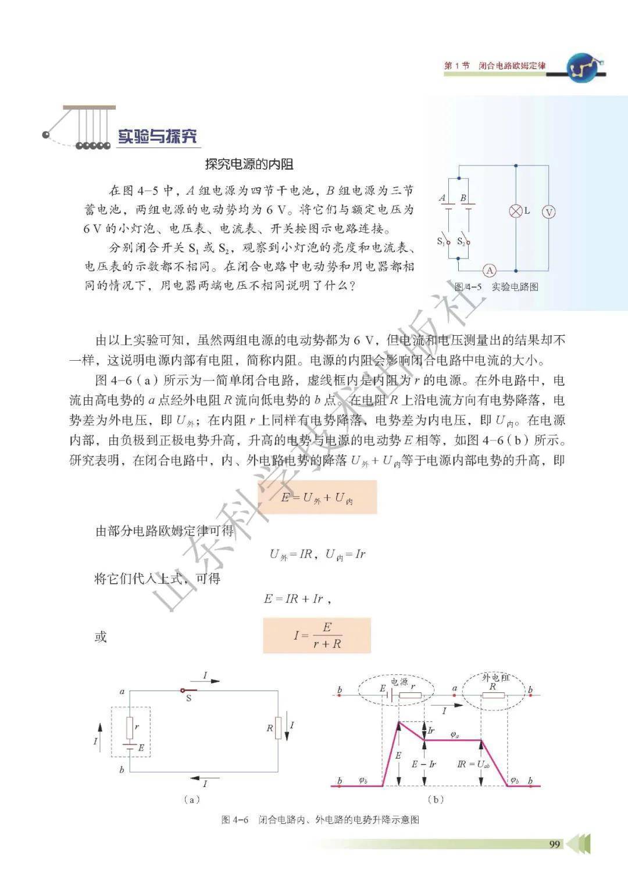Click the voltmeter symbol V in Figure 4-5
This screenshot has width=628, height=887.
(548, 212)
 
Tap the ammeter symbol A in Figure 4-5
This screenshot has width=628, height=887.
(490, 271)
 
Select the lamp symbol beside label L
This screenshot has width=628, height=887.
(515, 211)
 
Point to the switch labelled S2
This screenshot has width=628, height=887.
(463, 241)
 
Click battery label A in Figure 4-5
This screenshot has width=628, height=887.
(442, 198)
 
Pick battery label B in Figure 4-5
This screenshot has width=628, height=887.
(463, 198)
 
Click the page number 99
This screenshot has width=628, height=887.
(554, 844)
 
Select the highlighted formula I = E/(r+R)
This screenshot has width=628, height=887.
(317, 635)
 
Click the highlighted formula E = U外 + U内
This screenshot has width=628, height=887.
(317, 498)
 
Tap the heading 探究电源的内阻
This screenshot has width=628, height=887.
(249, 164)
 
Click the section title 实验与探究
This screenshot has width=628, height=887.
(158, 136)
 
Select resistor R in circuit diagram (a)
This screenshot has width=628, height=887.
(278, 727)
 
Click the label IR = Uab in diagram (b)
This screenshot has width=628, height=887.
(473, 764)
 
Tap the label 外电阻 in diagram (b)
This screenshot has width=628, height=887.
(496, 678)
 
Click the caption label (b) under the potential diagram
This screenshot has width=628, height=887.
(435, 799)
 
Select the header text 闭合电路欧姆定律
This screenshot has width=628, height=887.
(512, 66)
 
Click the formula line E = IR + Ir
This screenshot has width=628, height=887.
(298, 598)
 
